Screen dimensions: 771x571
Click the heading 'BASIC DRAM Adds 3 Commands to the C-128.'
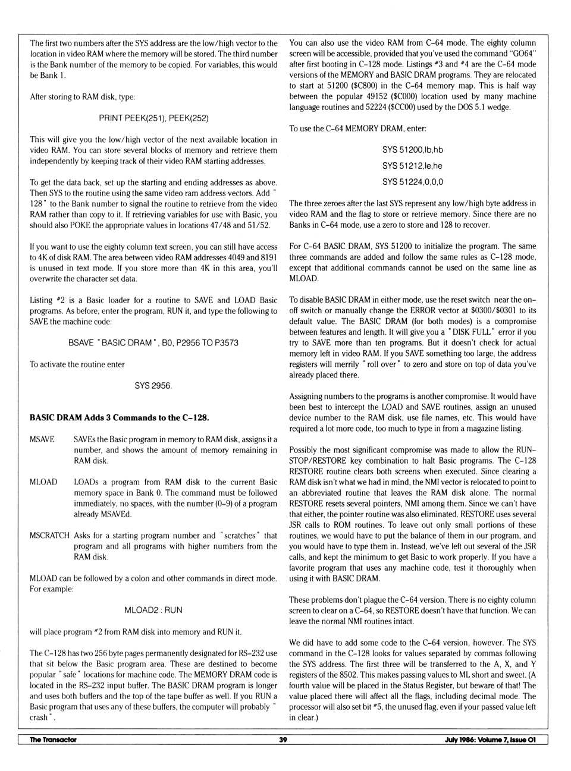[119, 417]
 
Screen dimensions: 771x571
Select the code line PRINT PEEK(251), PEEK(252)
[153, 118]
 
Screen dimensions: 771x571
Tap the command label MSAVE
[42, 439]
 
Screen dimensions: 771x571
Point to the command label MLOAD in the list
[43, 482]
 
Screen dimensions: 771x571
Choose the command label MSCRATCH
[49, 536]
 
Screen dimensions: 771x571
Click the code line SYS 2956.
[153, 386]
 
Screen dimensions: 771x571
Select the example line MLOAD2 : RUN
[153, 610]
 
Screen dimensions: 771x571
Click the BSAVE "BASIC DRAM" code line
[153, 342]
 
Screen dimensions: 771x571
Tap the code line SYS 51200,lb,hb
[413, 150]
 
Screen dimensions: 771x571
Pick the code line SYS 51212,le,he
[413, 166]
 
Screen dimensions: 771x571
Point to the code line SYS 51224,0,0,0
[413, 182]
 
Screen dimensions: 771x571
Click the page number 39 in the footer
[283, 740]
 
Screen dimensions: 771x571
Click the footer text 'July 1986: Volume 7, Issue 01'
[490, 740]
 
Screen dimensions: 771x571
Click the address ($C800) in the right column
[358, 86]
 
